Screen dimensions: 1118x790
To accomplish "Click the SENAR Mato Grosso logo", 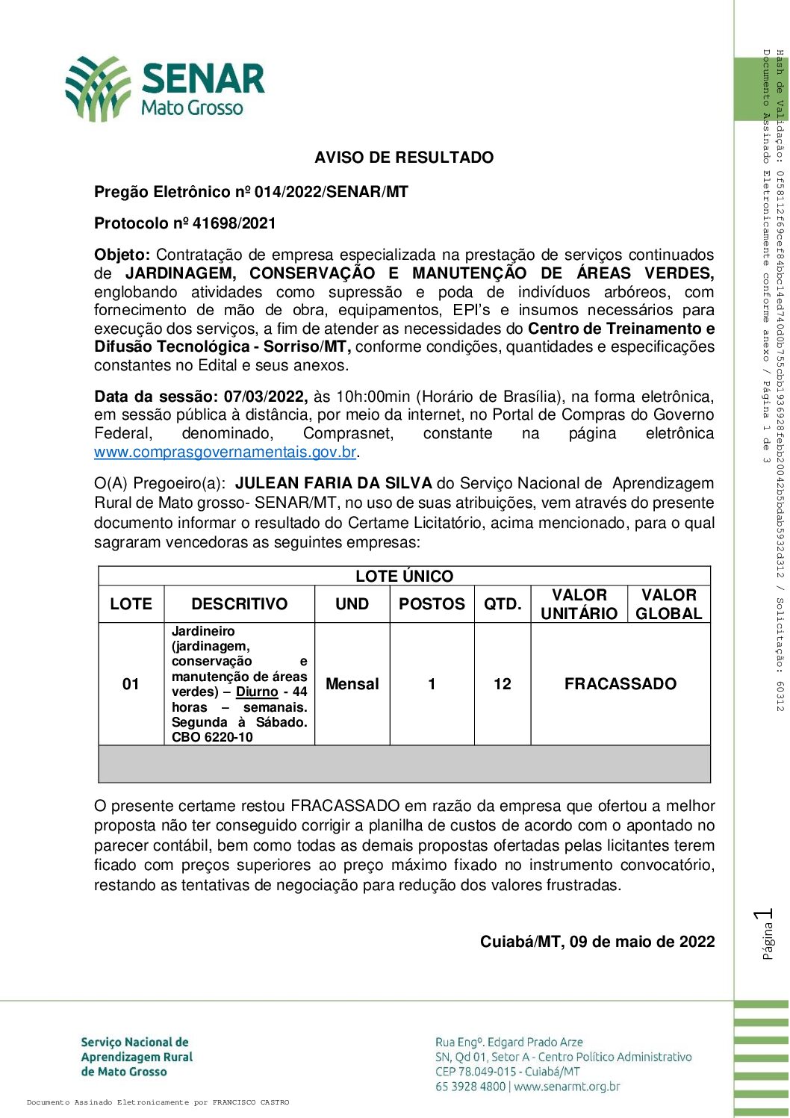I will click(165, 88).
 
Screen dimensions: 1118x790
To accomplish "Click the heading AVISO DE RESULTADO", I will click(404, 158).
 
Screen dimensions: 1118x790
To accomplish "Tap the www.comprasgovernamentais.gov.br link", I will click(225, 452).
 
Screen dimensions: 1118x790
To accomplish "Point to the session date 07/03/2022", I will click(265, 397).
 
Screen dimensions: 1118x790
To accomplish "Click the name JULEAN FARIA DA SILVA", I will click(333, 483).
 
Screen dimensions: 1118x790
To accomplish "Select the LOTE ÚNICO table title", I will click(404, 576).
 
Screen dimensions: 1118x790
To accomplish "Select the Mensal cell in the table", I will click(352, 684).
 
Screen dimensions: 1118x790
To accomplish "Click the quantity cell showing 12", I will click(503, 684).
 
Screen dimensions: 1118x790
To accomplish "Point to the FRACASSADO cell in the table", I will click(621, 684).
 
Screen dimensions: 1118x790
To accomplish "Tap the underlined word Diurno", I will click(257, 692).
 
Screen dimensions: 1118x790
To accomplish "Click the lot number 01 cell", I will click(131, 684).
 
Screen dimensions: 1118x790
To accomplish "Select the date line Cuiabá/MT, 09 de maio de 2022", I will click(597, 942).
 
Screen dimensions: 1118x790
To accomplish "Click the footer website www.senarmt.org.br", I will click(567, 1087).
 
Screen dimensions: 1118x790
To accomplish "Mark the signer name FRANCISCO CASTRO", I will click(250, 1102).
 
